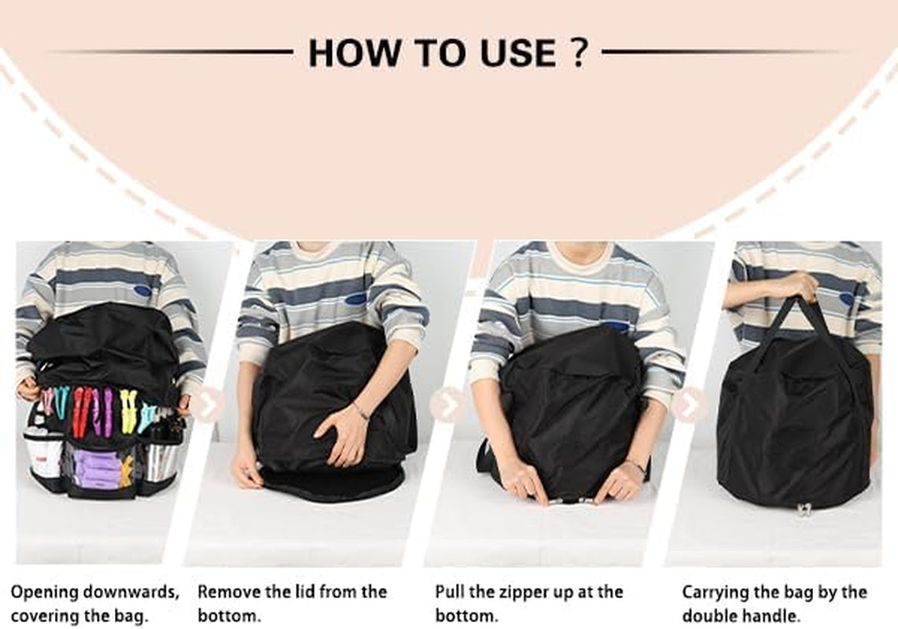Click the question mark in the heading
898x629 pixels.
pos(579,53)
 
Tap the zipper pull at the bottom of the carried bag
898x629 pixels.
pos(804,509)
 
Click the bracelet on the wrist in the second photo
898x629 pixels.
pos(360,410)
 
